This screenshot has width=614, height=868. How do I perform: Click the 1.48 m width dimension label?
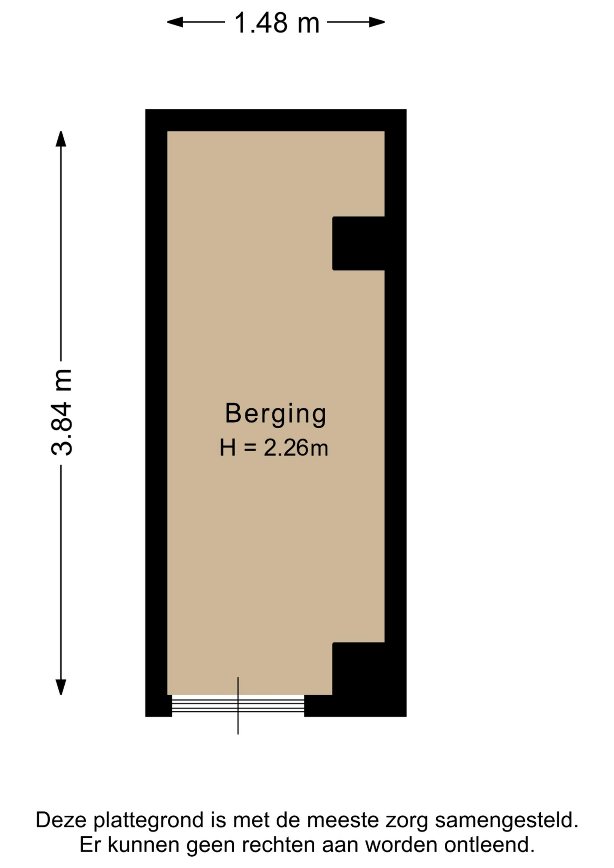(277, 23)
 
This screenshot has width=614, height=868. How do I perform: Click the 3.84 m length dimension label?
(61, 412)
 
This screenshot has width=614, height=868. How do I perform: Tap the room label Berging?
(276, 414)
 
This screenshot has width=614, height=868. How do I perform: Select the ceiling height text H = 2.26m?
(274, 448)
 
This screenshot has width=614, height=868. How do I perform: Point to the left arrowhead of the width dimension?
(175, 22)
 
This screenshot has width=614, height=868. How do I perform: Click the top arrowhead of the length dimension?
(61, 139)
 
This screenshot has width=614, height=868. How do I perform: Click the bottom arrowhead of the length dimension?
(61, 687)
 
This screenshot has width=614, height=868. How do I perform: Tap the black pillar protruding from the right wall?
(359, 244)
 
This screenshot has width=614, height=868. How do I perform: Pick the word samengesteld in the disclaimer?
(506, 820)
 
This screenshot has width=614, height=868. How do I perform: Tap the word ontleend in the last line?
(489, 844)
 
